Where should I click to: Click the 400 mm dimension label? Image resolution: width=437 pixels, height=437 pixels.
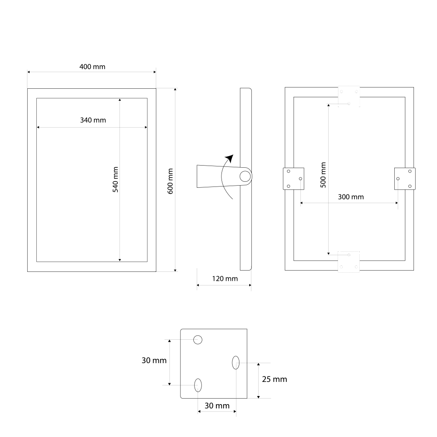[x=92, y=67]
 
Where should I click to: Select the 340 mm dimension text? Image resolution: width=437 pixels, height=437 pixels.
[x=93, y=120]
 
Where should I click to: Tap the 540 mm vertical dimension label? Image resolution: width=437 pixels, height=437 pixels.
[x=116, y=180]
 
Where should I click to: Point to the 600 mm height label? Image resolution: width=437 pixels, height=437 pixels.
[x=170, y=181]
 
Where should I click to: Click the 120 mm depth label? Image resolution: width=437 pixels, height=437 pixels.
[x=225, y=279]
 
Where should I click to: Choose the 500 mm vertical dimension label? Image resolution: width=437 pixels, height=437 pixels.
[x=323, y=175]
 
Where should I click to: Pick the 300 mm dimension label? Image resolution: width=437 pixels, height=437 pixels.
[x=351, y=197]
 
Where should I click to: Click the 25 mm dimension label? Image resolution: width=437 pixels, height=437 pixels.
[x=274, y=379]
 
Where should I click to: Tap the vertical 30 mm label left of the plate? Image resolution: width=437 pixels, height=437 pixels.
[x=154, y=360]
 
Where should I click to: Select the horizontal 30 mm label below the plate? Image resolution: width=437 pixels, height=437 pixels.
[x=217, y=406]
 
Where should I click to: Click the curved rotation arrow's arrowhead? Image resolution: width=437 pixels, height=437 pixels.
[x=230, y=158]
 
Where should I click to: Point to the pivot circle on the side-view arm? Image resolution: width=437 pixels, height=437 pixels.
[x=245, y=176]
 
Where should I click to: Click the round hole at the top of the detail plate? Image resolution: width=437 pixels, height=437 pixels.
[x=198, y=340]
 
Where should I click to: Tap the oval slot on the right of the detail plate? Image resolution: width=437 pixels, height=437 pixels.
[x=236, y=363]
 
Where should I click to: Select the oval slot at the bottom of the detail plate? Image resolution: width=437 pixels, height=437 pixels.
[x=198, y=385]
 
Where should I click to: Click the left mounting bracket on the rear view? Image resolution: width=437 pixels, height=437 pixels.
[x=294, y=179]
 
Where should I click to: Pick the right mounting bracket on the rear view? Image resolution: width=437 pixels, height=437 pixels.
[x=405, y=179]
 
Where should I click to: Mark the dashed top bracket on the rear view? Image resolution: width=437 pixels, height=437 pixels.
[x=349, y=96]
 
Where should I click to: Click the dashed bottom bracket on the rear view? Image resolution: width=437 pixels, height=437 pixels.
[x=349, y=262]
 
